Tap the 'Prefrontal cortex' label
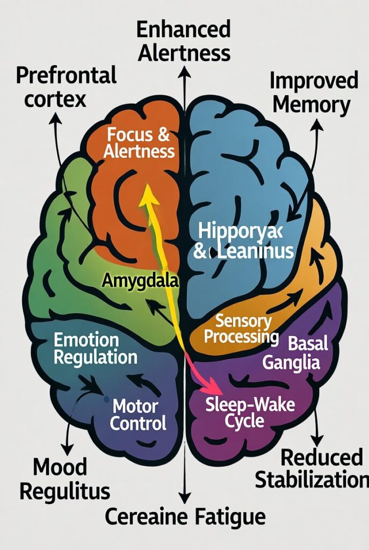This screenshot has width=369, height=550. (x=66, y=88)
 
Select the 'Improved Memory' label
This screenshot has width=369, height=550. (x=314, y=92)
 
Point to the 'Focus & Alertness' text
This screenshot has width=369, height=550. (x=139, y=142)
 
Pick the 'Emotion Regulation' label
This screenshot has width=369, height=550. (x=95, y=349)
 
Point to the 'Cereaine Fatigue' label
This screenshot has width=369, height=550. (x=185, y=517)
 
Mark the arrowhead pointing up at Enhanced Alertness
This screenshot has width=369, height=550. (x=184, y=71)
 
